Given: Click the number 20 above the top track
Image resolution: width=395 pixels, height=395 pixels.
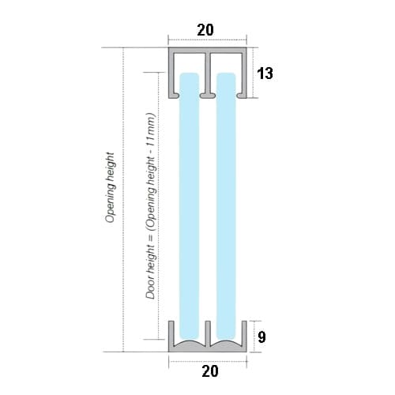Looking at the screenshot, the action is click(x=205, y=30).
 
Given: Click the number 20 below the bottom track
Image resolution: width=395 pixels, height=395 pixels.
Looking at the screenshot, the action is click(x=210, y=371).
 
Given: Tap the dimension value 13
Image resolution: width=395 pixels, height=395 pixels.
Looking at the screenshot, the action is click(x=265, y=73).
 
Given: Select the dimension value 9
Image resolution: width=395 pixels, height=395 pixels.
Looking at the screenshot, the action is click(x=261, y=337).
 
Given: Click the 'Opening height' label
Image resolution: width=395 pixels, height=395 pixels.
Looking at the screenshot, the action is click(x=111, y=187).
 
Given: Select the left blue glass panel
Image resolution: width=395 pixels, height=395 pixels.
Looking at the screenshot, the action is click(x=189, y=206).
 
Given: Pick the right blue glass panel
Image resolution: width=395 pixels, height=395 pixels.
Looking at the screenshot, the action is click(x=226, y=206).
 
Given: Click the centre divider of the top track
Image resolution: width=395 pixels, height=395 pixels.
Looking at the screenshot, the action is click(x=208, y=73).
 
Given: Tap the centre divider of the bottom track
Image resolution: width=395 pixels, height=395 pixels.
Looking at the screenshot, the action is click(x=208, y=333).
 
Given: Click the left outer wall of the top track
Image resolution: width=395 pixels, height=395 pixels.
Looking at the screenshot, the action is click(x=171, y=73).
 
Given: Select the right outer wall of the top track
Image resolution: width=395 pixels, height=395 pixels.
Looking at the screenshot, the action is click(x=244, y=73).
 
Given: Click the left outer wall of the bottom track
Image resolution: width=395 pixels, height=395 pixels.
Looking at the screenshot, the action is click(x=171, y=334).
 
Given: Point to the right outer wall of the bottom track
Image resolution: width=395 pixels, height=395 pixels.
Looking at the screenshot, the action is click(x=244, y=334).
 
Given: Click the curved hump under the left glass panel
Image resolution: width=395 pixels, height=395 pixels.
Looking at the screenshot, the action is click(x=189, y=343).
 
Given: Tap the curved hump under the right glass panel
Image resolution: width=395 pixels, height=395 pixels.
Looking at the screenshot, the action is click(x=226, y=343).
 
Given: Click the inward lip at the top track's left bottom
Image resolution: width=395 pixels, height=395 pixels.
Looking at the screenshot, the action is click(x=175, y=96).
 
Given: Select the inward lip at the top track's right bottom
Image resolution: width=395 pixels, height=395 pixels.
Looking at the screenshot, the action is click(x=241, y=96).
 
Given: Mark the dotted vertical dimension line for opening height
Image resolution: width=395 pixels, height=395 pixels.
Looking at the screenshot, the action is click(x=123, y=200).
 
